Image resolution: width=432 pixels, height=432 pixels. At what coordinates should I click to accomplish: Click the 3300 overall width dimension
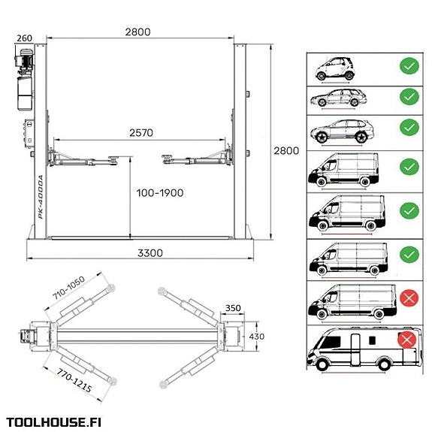[150, 253]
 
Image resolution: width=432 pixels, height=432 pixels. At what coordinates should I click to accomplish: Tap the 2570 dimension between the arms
[141, 133]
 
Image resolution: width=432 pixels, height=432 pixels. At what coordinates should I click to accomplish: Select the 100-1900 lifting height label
[160, 193]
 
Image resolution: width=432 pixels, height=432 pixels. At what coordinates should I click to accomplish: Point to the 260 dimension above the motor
[25, 38]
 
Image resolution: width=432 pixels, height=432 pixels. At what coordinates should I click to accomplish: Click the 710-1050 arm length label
[68, 288]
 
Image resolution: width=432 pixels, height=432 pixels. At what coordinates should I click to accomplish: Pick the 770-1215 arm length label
[74, 380]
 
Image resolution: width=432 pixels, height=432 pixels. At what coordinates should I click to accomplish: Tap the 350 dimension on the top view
[233, 308]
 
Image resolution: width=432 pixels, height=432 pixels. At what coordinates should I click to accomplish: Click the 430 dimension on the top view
[256, 337]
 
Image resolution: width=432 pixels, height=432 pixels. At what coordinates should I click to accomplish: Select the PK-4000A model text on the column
[41, 197]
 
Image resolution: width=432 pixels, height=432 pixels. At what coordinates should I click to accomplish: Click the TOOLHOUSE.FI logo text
[54, 422]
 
